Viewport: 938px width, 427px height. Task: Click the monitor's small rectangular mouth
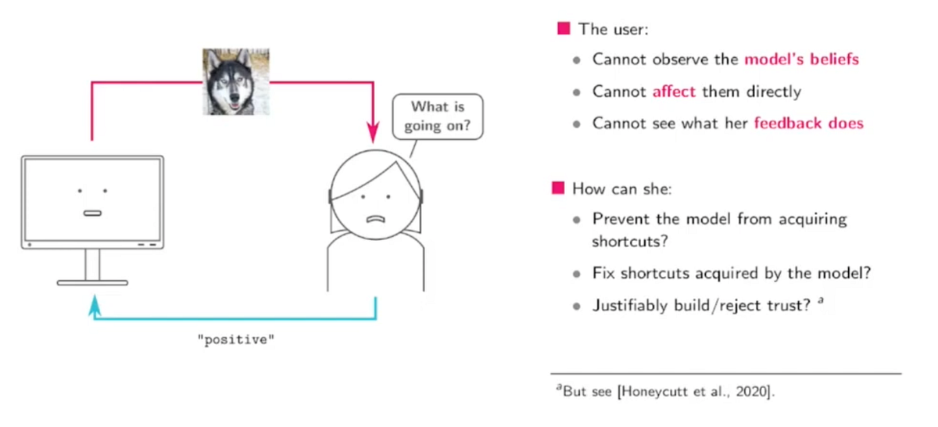pos(92,213)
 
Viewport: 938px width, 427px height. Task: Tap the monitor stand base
pos(92,282)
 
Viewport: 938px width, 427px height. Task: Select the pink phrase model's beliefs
pos(801,59)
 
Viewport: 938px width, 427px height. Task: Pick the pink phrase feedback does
pos(808,123)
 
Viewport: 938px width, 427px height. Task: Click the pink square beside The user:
pos(563,29)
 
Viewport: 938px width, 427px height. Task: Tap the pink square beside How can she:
pos(557,188)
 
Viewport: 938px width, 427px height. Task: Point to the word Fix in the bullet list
pos(605,274)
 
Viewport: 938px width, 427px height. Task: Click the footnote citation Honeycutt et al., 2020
pos(695,392)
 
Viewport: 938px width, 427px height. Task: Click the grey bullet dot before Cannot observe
pos(577,59)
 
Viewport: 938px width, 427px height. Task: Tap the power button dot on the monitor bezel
pos(30,245)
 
